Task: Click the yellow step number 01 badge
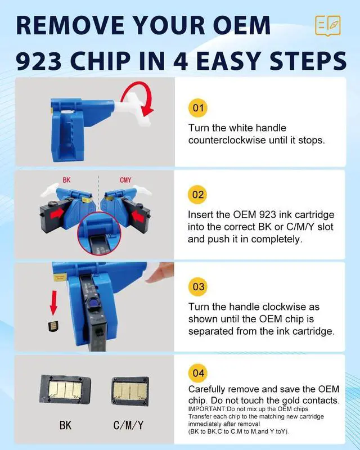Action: pyautogui.click(x=198, y=108)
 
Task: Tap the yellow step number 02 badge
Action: pyautogui.click(x=198, y=195)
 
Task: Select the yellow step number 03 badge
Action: pyautogui.click(x=198, y=286)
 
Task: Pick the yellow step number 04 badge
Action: pyautogui.click(x=198, y=373)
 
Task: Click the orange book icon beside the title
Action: pyautogui.click(x=327, y=26)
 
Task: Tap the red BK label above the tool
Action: pyautogui.click(x=66, y=180)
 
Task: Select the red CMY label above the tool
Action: pyautogui.click(x=125, y=180)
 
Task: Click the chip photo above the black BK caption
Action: pyautogui.click(x=65, y=389)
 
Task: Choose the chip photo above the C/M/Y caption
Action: pyautogui.click(x=130, y=391)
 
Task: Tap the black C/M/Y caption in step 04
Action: pyautogui.click(x=128, y=425)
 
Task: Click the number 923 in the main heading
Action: pyautogui.click(x=39, y=61)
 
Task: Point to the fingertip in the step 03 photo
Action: pyautogui.click(x=160, y=273)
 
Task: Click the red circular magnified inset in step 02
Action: pyautogui.click(x=99, y=233)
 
